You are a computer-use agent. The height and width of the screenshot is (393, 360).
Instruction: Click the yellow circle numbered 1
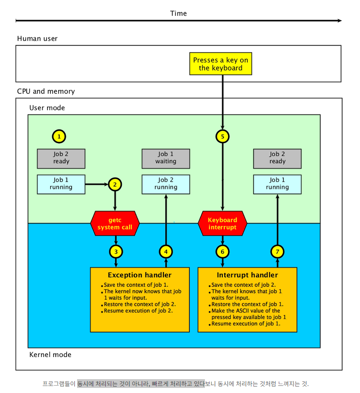pos(59,136)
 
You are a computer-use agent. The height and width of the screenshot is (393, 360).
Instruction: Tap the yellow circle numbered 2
pos(115,184)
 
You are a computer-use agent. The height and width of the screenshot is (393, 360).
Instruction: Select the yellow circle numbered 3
pos(116,252)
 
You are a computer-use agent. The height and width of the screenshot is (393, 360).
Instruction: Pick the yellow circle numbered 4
pos(166,252)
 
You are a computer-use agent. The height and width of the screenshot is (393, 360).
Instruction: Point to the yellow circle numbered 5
pos(222,136)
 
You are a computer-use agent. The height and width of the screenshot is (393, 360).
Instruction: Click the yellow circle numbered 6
pos(222,252)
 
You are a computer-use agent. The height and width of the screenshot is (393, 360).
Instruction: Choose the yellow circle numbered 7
pos(277,252)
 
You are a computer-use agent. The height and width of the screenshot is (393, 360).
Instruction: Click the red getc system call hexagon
pos(115,224)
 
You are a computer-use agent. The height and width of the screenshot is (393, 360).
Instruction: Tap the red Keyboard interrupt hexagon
pos(222,224)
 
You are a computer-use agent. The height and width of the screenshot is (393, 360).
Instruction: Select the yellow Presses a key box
pos(221,64)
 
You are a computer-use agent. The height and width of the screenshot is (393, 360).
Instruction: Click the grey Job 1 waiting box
pos(166,159)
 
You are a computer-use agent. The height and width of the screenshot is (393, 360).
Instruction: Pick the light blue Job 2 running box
pos(166,184)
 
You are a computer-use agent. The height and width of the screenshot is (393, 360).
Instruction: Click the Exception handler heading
pos(140,275)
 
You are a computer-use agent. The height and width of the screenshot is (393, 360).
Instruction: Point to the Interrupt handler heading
pos(247,275)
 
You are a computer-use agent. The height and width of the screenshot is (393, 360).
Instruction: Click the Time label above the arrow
pos(178,13)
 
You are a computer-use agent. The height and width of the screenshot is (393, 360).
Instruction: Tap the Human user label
pos(37,39)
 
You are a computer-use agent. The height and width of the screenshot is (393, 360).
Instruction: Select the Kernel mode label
pos(50,355)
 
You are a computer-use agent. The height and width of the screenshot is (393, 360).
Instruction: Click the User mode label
pos(47,108)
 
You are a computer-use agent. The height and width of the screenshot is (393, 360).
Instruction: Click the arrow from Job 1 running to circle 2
pos(97,184)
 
